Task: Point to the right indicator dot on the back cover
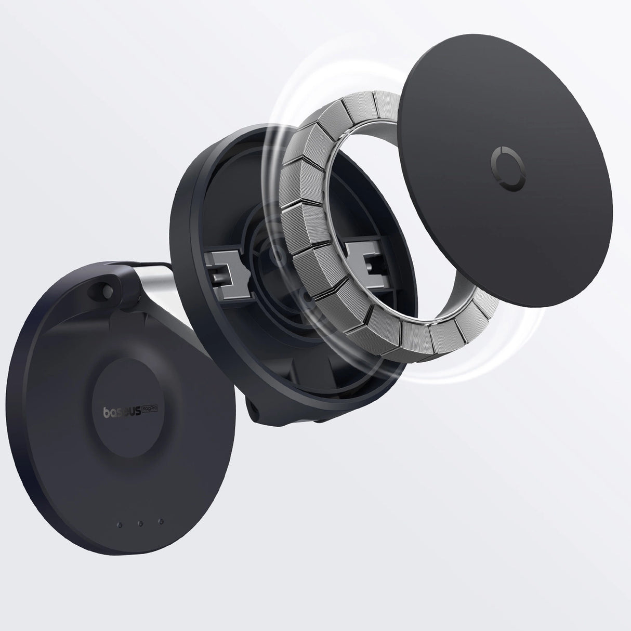[x=161, y=521]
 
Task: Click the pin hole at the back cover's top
[x=109, y=287]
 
